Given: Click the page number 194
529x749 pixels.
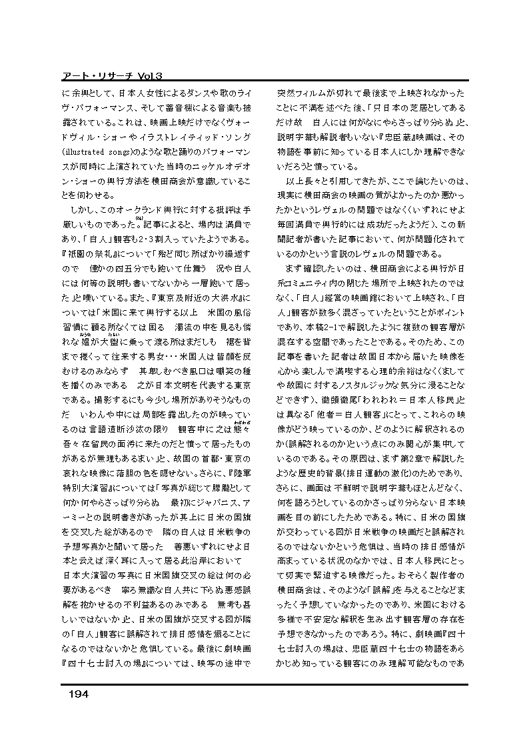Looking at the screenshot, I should click(x=79, y=694).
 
